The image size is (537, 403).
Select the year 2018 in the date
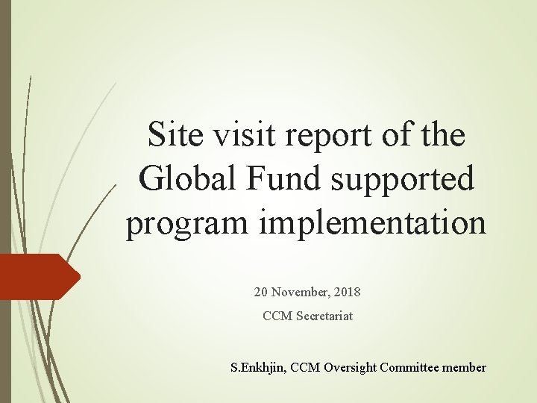pyautogui.click(x=345, y=291)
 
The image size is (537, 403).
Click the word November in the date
pyautogui.click(x=301, y=291)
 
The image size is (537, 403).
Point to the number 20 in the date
pyautogui.click(x=262, y=291)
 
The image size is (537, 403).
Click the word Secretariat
pyautogui.click(x=324, y=316)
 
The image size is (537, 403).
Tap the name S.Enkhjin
pyautogui.click(x=257, y=367)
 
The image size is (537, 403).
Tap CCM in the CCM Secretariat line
pyautogui.click(x=277, y=316)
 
